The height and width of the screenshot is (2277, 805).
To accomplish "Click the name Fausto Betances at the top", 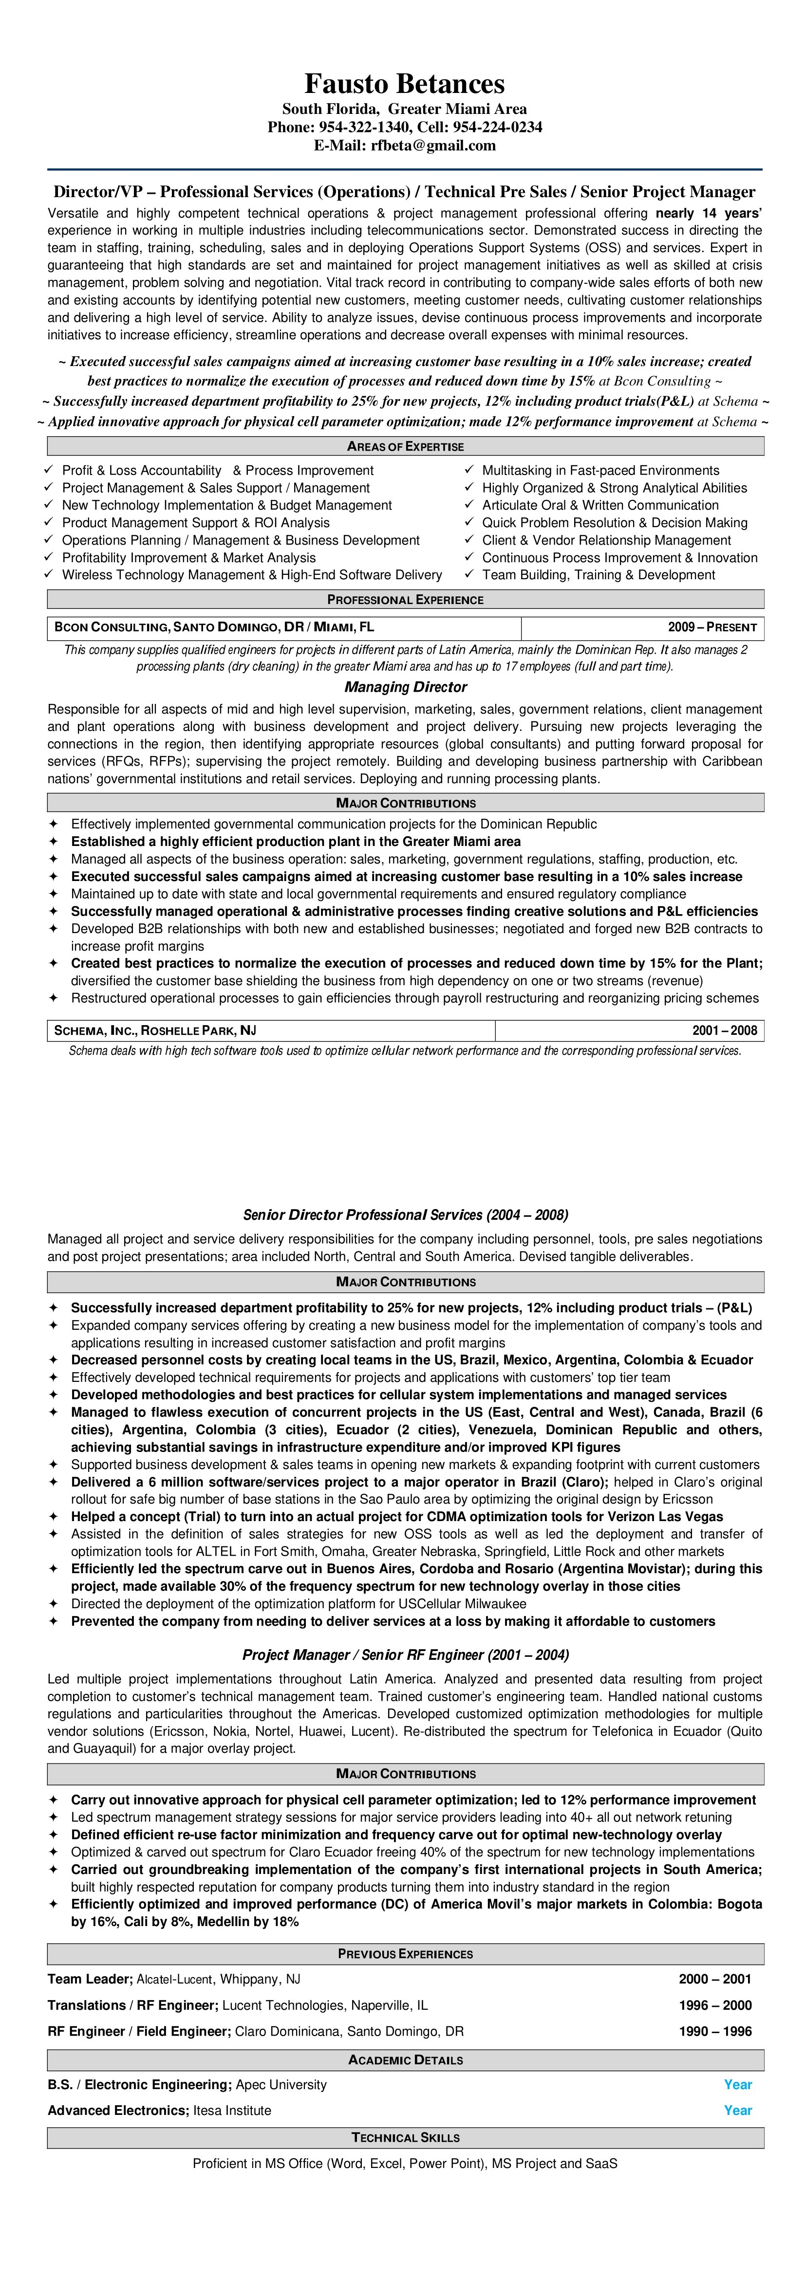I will pyautogui.click(x=404, y=84).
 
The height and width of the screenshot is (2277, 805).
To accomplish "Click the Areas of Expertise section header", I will pyautogui.click(x=405, y=446).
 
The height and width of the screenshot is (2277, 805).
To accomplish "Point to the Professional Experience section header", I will pyautogui.click(x=405, y=599).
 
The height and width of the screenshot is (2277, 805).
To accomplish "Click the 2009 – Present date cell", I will pyautogui.click(x=712, y=627).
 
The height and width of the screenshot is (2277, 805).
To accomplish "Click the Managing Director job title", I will pyautogui.click(x=405, y=687).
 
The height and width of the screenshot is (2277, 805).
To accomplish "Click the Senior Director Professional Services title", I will pyautogui.click(x=405, y=1214).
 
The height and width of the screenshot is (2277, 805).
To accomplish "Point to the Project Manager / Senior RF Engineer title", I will pyautogui.click(x=405, y=1655).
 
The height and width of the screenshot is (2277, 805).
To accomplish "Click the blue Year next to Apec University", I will pyautogui.click(x=738, y=2084).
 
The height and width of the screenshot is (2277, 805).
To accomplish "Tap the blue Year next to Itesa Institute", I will pyautogui.click(x=738, y=2110).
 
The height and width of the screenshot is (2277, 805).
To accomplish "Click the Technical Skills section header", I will pyautogui.click(x=405, y=2137).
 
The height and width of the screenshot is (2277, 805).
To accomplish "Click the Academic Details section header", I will pyautogui.click(x=405, y=2059).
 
